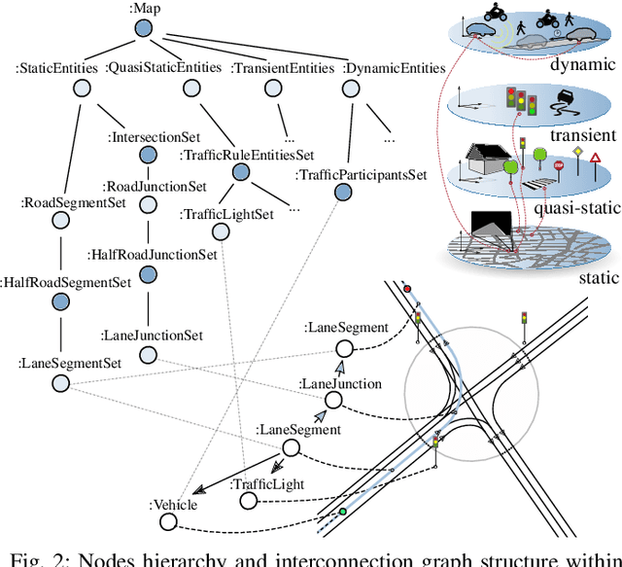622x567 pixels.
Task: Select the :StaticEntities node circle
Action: pos(83,89)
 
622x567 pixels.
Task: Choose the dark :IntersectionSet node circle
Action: pos(147,155)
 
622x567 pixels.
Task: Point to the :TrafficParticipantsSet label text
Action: pos(361,175)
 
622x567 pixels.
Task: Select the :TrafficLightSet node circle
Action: pos(221,230)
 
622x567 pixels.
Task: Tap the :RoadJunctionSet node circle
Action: pos(148,206)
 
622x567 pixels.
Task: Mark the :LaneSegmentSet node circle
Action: pos(60,383)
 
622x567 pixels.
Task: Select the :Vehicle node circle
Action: pos(169,523)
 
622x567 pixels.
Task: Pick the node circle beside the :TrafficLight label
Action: pos(248,500)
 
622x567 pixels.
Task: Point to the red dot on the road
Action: pos(407,289)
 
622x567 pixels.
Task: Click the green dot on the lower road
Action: pos(342,512)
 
